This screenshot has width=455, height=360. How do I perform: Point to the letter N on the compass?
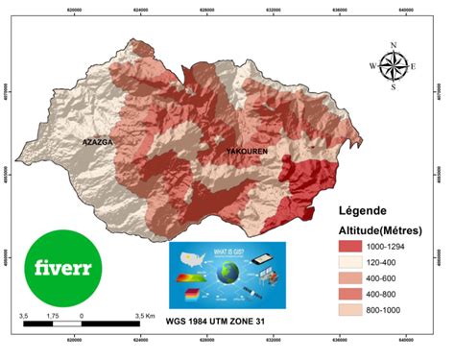393,45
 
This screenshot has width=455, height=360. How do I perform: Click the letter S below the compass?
394,87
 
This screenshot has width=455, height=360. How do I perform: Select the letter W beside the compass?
372,66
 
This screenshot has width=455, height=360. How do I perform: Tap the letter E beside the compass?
413,66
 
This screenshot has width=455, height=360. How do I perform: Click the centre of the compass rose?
393,65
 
